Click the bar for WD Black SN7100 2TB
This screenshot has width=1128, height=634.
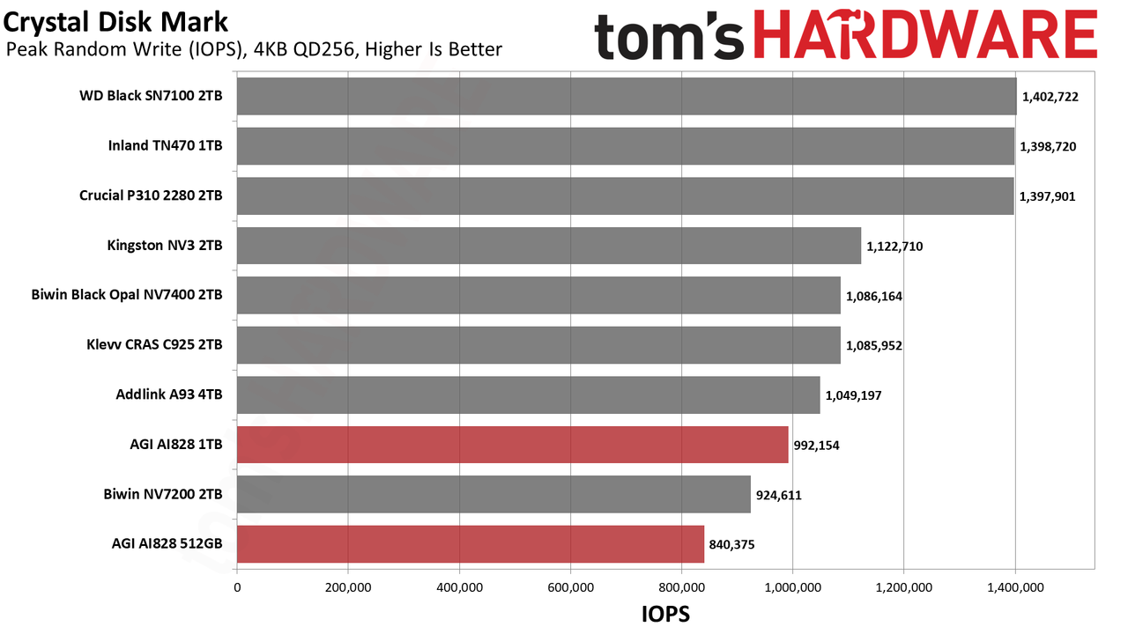pyautogui.click(x=627, y=96)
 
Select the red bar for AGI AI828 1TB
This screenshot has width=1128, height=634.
pyautogui.click(x=513, y=445)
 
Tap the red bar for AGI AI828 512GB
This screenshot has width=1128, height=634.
pyautogui.click(x=471, y=544)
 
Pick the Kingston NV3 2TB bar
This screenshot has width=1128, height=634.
pyautogui.click(x=549, y=246)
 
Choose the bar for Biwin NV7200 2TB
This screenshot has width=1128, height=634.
pyautogui.click(x=493, y=495)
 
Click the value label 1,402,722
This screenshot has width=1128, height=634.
pyautogui.click(x=1050, y=97)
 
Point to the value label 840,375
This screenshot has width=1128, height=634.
pyautogui.click(x=731, y=545)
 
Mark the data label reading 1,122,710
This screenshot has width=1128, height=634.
pyautogui.click(x=894, y=247)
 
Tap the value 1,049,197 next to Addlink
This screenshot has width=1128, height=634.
pyautogui.click(x=853, y=395)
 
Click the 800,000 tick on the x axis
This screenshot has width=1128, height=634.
pyautogui.click(x=681, y=587)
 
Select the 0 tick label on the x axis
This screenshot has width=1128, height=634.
pyautogui.click(x=237, y=587)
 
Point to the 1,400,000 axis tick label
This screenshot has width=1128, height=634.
pyautogui.click(x=1015, y=587)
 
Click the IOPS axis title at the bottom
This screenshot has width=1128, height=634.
pyautogui.click(x=665, y=615)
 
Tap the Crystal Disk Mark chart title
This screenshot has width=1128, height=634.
pyautogui.click(x=115, y=23)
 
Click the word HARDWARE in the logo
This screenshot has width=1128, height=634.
pyautogui.click(x=925, y=34)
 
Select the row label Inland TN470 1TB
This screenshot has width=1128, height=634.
pyautogui.click(x=165, y=146)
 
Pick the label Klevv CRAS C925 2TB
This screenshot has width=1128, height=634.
pyautogui.click(x=154, y=344)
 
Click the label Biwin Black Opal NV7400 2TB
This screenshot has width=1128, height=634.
pyautogui.click(x=126, y=295)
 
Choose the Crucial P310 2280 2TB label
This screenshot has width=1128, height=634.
pyautogui.click(x=151, y=195)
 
